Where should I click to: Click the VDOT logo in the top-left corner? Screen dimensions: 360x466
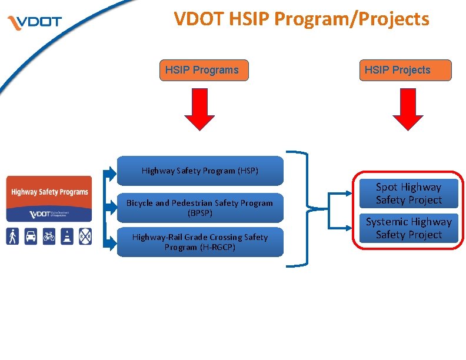point(34,23)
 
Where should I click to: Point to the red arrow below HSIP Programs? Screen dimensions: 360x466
point(199,111)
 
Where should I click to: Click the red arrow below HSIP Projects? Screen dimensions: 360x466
point(408,111)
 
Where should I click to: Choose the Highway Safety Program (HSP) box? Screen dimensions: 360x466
point(200,171)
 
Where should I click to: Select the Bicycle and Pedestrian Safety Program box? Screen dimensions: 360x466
point(200,208)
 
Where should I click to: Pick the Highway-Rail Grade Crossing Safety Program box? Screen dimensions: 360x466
point(200,242)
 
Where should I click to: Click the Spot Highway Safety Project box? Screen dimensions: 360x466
point(408,194)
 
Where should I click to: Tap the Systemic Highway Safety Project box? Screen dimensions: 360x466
point(408,228)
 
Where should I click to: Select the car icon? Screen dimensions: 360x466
point(31,236)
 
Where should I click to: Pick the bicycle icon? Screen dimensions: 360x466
point(49,236)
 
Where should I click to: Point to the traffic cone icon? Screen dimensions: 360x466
point(67,236)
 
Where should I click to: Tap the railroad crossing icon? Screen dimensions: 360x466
point(85,236)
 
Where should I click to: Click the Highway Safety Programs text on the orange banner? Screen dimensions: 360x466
point(49,192)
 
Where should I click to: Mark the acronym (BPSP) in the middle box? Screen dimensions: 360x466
point(200,213)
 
